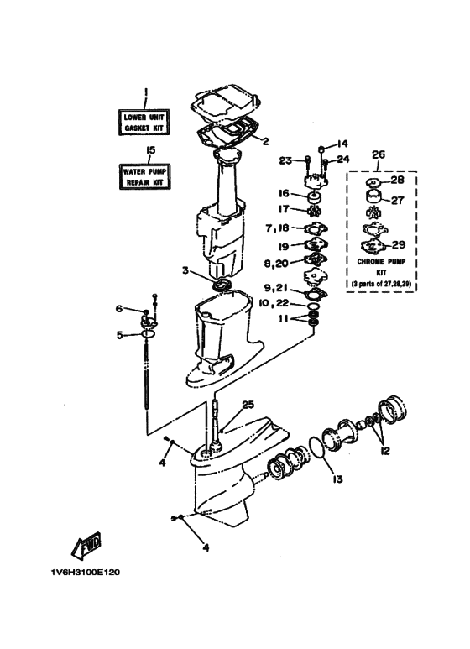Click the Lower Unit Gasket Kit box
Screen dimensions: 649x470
[x=144, y=122]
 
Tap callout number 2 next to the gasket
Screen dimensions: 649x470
[x=265, y=141]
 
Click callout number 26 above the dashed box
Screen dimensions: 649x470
[x=379, y=154]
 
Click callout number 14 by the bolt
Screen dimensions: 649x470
[x=343, y=144]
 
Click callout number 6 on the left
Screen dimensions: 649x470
[x=120, y=309]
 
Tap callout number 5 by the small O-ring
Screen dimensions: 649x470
[x=120, y=335]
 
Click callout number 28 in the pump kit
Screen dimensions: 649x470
[x=397, y=180]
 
